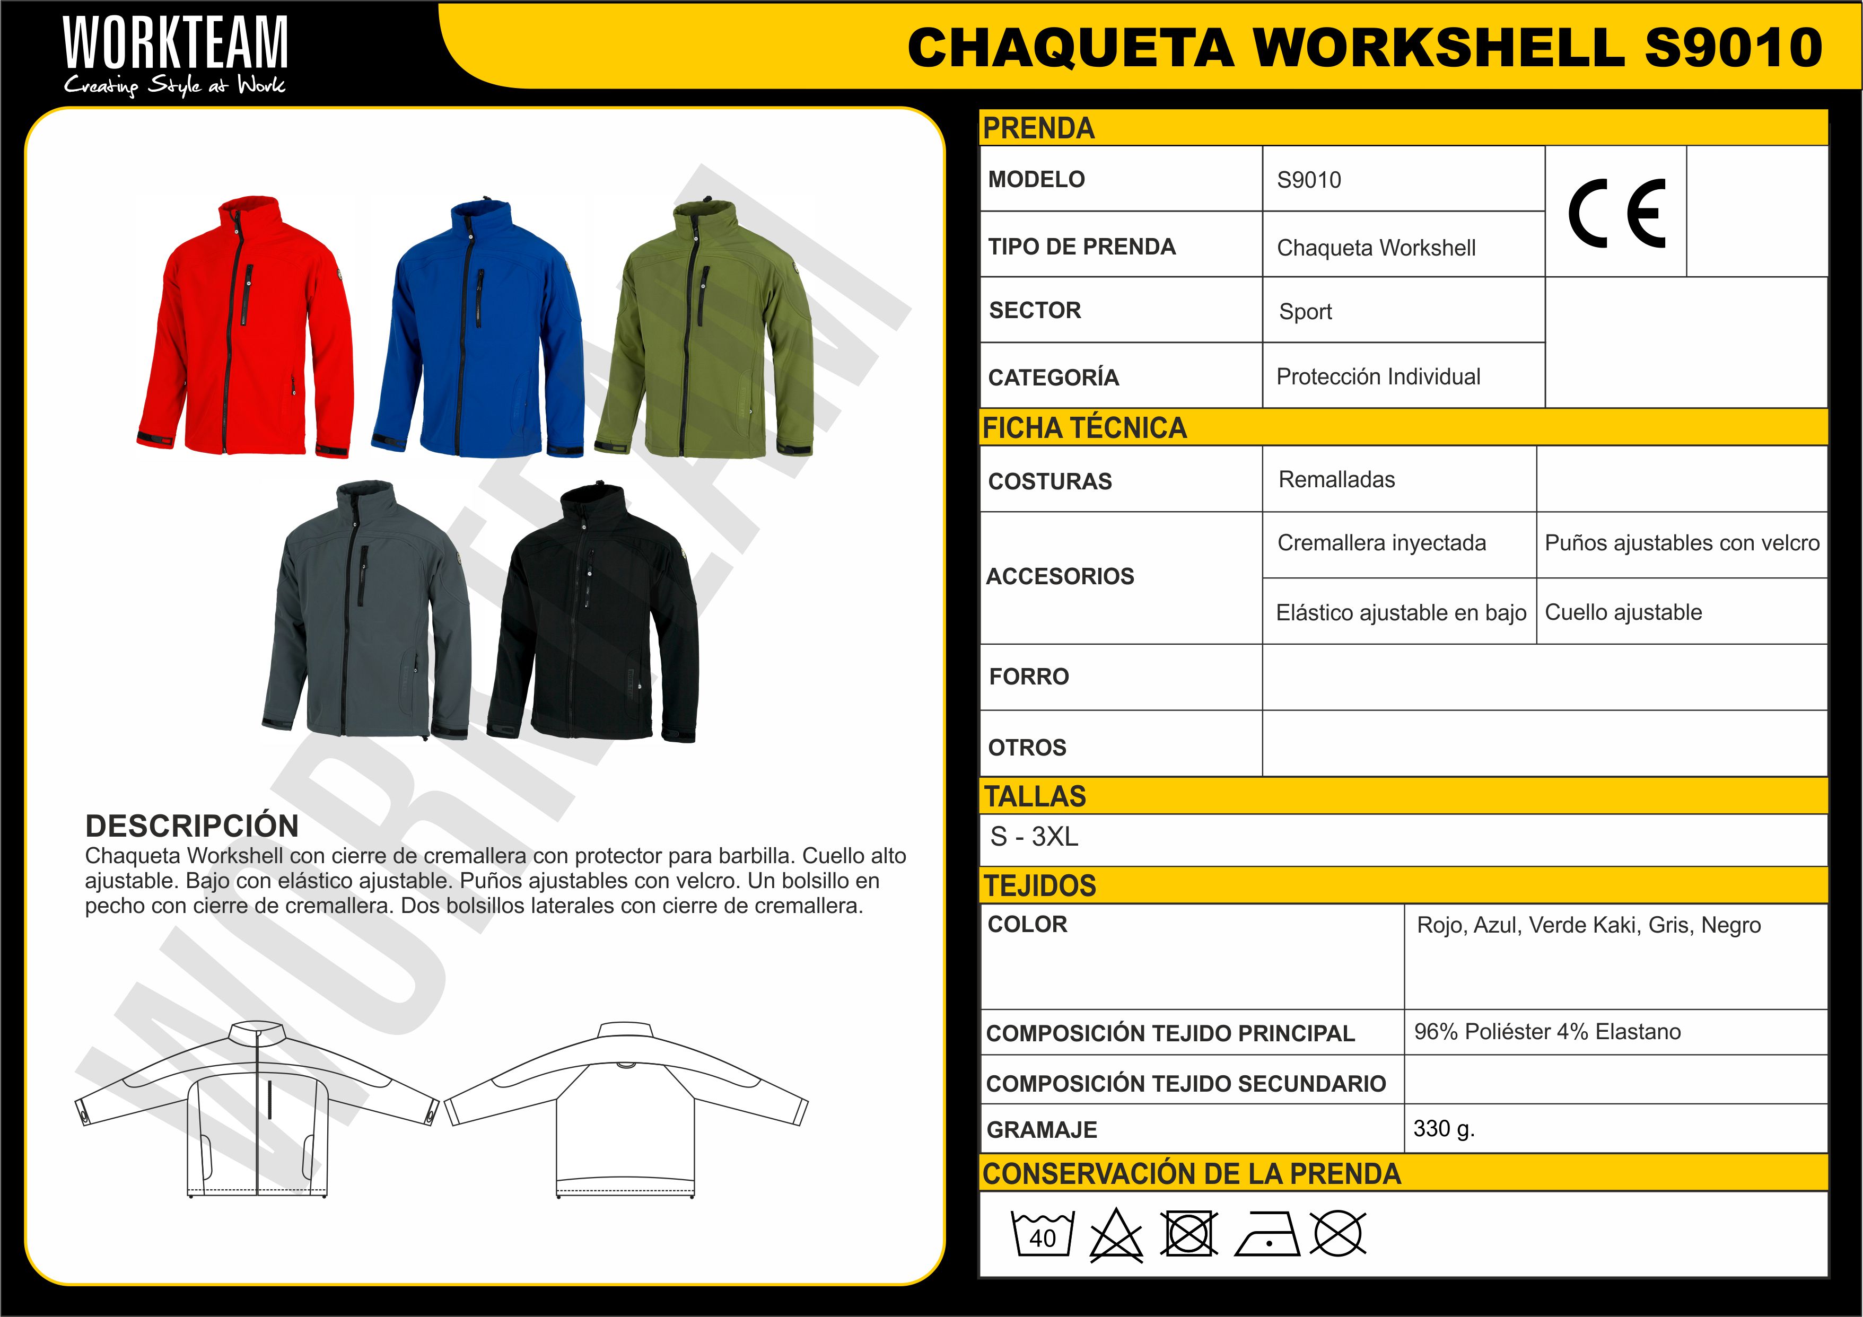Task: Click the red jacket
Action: coord(246,329)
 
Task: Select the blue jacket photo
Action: coord(479,333)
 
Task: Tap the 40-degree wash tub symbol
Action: coord(1043,1233)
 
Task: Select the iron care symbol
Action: coord(1266,1234)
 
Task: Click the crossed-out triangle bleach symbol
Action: coord(1116,1235)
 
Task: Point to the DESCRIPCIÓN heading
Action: coord(193,826)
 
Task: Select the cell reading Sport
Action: coord(1306,312)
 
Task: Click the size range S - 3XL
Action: coord(1035,837)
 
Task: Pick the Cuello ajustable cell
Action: coord(1623,613)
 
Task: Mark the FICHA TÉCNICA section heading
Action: coord(1085,428)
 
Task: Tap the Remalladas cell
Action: coord(1336,480)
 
